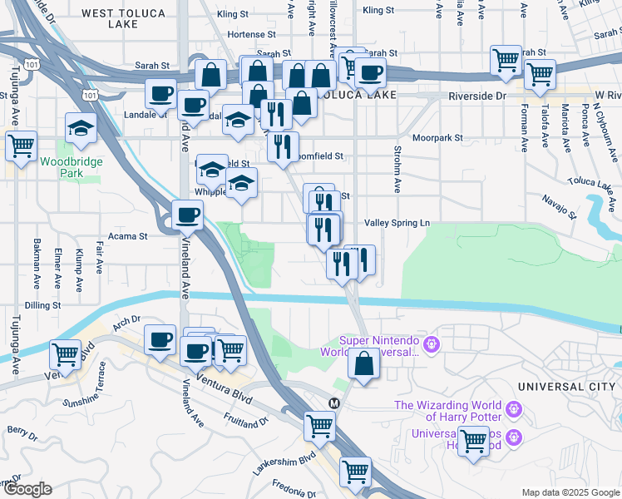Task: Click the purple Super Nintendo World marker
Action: pos(431,343)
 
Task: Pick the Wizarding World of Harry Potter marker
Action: pos(513,410)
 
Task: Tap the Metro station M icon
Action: pos(334,403)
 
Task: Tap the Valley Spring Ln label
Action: pos(397,223)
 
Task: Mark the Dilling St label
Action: pos(42,306)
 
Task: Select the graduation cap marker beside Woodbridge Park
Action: pos(81,126)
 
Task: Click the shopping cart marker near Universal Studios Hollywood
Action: pos(473,440)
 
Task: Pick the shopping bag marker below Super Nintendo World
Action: pos(363,363)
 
